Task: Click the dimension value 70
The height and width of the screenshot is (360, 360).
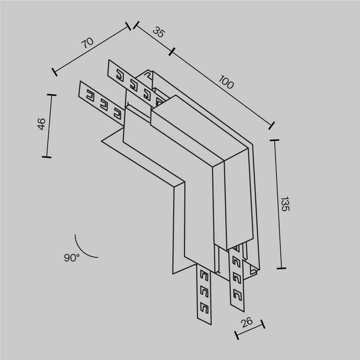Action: click(x=87, y=43)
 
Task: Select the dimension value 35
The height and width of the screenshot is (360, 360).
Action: click(x=159, y=32)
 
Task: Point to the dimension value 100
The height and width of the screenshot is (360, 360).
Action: click(x=226, y=83)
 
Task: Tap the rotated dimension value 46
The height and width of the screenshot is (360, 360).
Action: click(x=41, y=124)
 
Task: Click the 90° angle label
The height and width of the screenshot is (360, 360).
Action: click(x=72, y=257)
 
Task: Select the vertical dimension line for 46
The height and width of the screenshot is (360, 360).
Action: click(x=48, y=126)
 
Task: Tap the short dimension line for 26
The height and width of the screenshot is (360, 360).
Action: click(x=249, y=330)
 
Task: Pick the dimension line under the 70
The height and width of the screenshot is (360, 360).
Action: click(x=92, y=49)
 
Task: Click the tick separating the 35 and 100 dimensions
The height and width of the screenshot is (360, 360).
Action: click(x=172, y=52)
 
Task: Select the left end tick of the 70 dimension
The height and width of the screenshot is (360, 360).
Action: click(x=54, y=72)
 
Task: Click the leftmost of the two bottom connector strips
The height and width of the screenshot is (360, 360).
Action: click(x=203, y=293)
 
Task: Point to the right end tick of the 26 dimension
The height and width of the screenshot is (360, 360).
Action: click(x=262, y=324)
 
